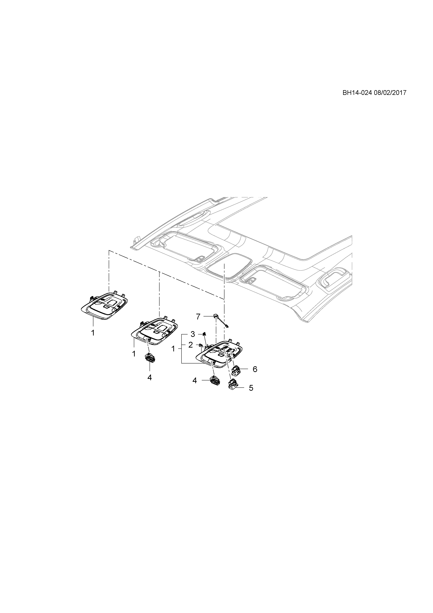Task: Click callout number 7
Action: click(198, 317)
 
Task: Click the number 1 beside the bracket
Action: click(173, 349)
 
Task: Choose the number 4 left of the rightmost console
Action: click(195, 380)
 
